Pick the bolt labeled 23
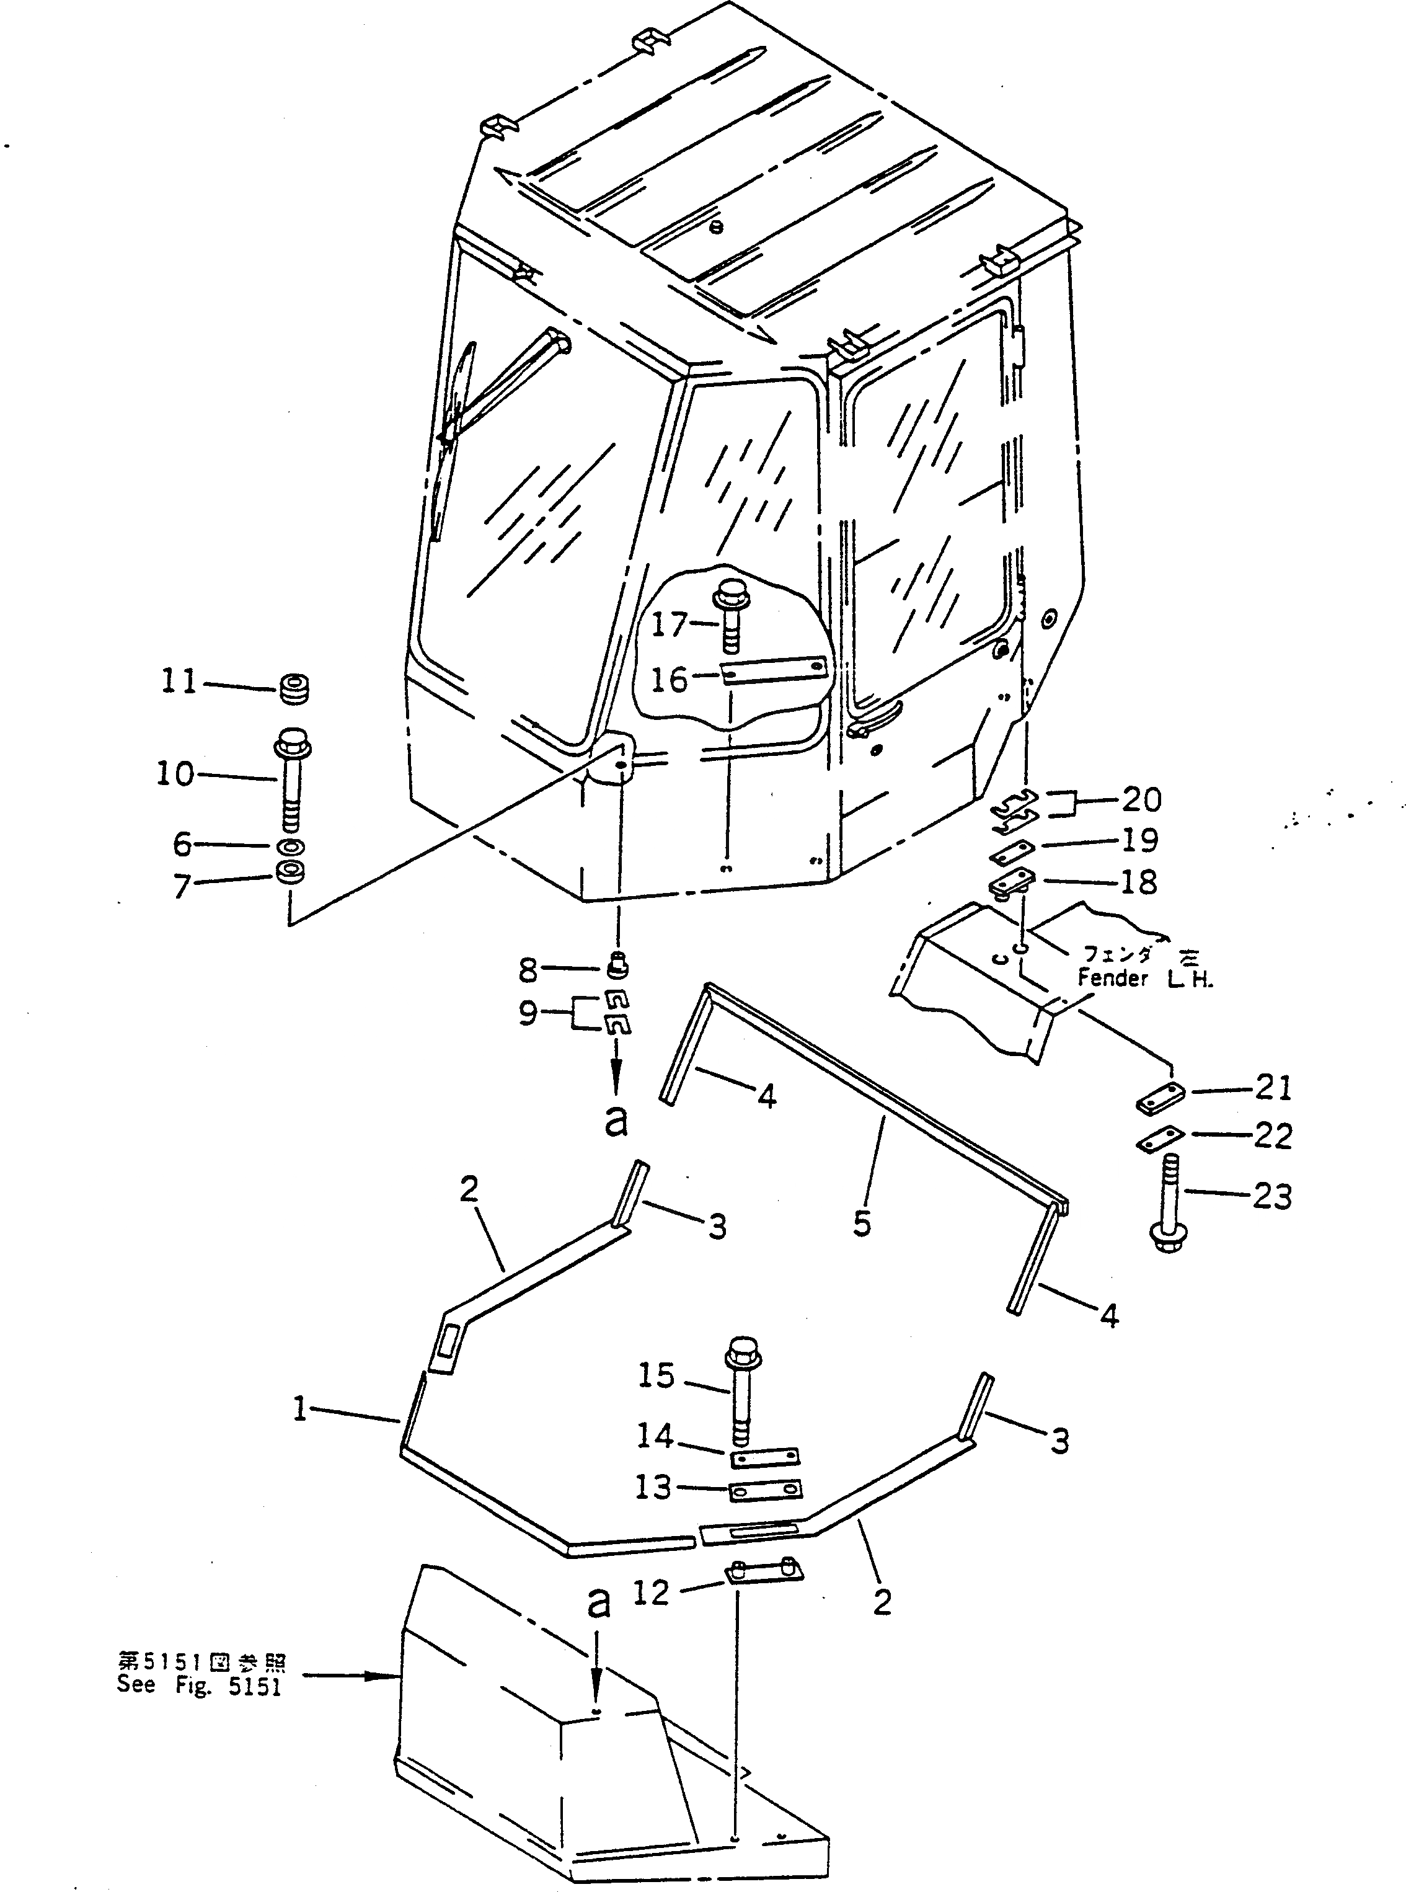[1170, 1202]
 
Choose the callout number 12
[651, 1592]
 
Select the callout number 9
[528, 1013]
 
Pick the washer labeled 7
[291, 873]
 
